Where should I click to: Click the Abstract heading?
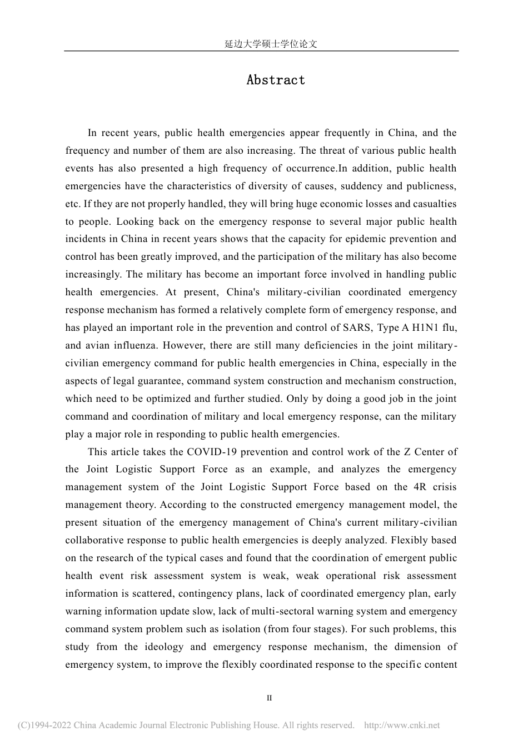click(x=276, y=80)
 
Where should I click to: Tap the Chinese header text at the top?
click(x=271, y=44)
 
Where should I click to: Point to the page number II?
click(x=270, y=698)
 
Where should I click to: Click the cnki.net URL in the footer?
click(x=401, y=725)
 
